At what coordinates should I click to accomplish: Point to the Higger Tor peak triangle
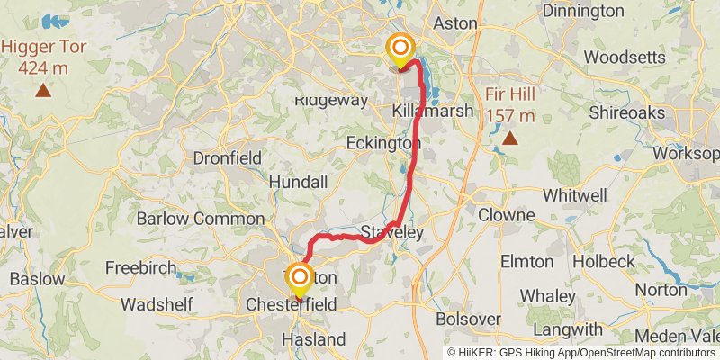42,90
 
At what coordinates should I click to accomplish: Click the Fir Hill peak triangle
510,138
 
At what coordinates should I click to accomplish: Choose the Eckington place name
383,143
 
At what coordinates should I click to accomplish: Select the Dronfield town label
228,158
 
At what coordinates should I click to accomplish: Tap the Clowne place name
507,216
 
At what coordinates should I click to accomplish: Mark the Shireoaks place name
626,112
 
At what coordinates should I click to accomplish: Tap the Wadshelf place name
158,304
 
